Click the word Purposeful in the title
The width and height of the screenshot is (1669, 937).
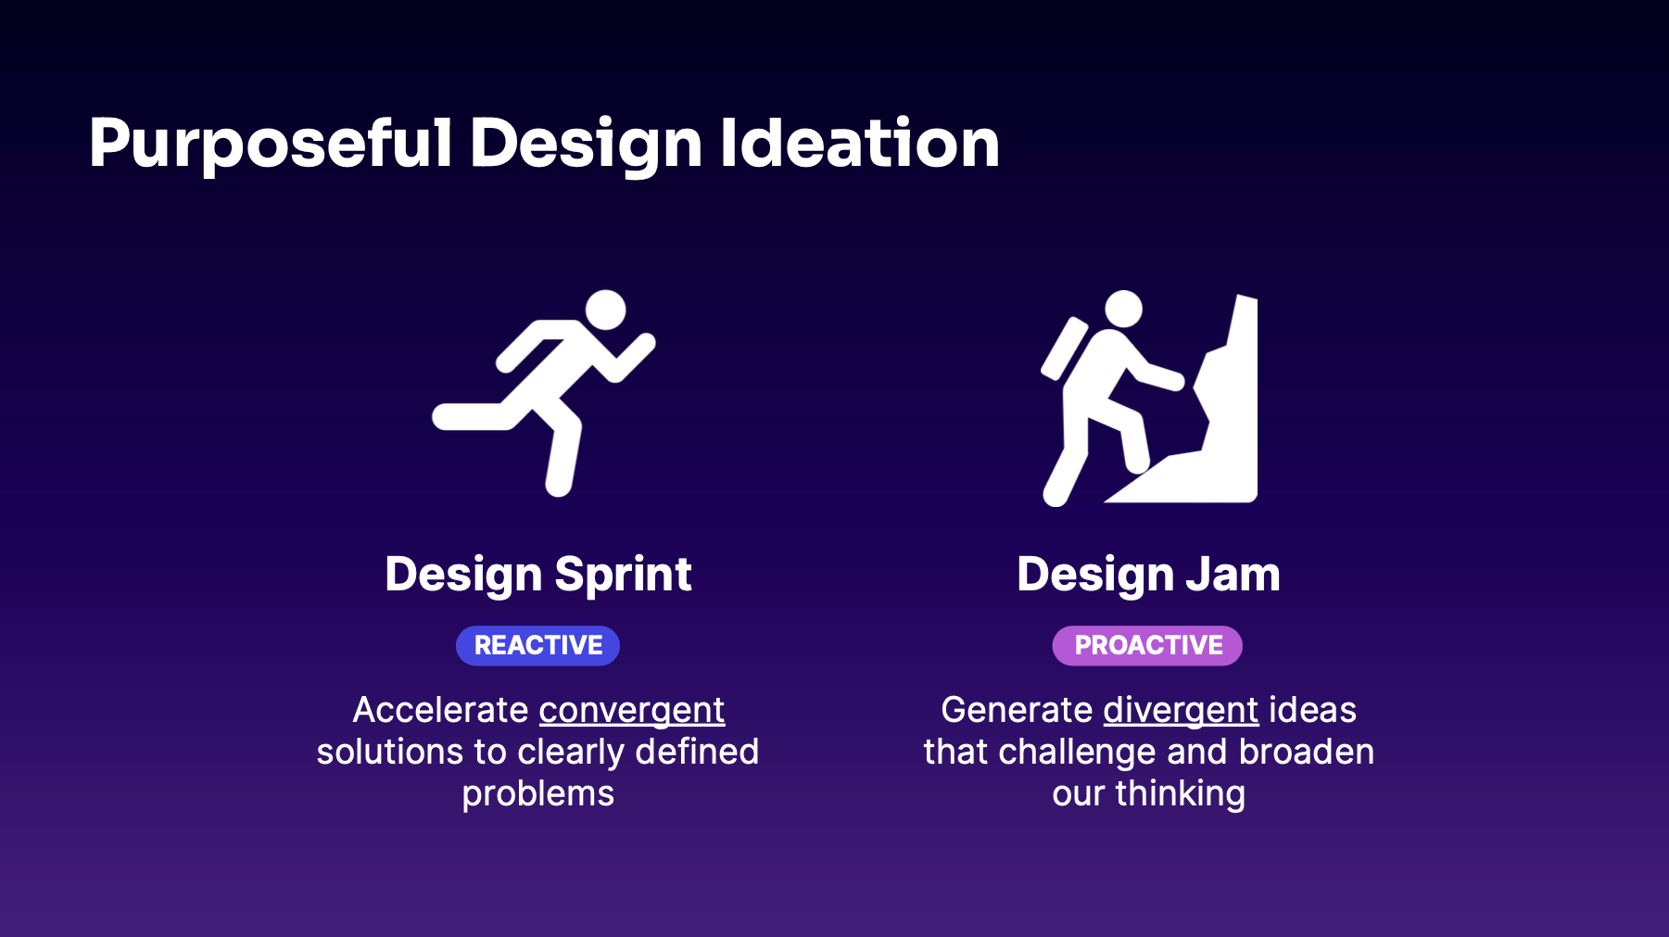[x=271, y=145]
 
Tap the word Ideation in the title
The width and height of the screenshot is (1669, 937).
[x=860, y=143]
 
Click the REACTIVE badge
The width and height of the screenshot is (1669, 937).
[x=537, y=645]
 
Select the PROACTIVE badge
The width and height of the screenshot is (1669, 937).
[x=1147, y=645]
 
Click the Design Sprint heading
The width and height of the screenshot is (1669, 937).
[x=537, y=575]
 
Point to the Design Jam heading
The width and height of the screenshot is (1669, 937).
[x=1148, y=575]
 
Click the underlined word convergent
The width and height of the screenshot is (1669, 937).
[x=632, y=712]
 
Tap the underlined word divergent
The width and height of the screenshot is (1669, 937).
[x=1181, y=712]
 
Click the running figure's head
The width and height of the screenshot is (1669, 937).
[x=606, y=310]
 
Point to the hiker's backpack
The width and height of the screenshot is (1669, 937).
[x=1064, y=348]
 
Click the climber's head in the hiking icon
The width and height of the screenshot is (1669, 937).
[x=1124, y=309]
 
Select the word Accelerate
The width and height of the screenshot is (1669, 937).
[x=440, y=710]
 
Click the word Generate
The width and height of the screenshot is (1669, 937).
[x=1017, y=710]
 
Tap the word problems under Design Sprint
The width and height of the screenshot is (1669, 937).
[x=537, y=795]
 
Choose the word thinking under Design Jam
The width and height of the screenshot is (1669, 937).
[x=1180, y=795]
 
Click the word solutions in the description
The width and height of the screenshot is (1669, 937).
[x=390, y=752]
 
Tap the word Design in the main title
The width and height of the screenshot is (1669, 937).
[x=586, y=145]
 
